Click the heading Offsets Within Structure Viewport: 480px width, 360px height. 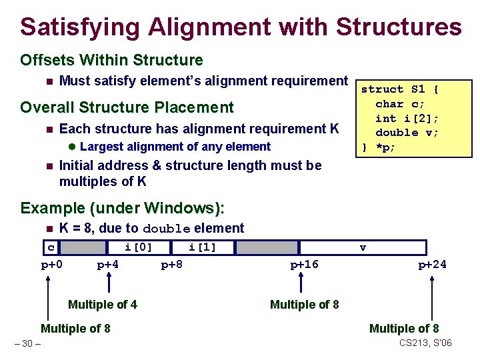point(111,60)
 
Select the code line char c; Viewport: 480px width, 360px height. point(400,103)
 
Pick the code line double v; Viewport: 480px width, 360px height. point(407,133)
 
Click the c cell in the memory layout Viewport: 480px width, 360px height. point(51,248)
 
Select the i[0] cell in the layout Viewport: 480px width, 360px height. point(138,248)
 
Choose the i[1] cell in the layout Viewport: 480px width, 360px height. point(202,248)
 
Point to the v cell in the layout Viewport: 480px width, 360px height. point(363,248)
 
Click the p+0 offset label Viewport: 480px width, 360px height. point(51,265)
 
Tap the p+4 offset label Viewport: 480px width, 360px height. point(107,265)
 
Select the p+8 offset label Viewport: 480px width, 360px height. point(172,265)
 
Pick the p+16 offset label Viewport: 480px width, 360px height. point(304,265)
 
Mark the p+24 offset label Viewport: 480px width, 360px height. point(432,265)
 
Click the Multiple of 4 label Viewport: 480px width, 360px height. point(103,305)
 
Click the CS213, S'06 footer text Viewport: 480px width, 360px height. point(425,343)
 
